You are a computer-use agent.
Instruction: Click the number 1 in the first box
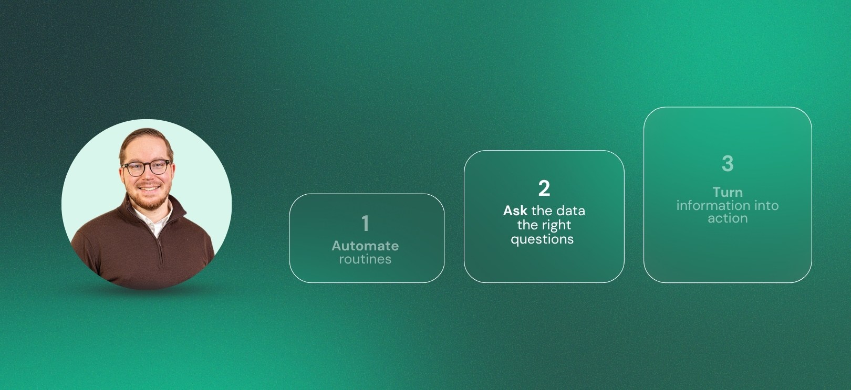click(x=366, y=223)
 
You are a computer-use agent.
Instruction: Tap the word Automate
click(x=365, y=246)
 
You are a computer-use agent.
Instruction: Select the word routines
click(x=365, y=259)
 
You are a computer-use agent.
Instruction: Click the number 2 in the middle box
click(x=544, y=188)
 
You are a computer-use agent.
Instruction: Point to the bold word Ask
click(x=515, y=211)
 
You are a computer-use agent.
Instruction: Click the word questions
click(x=542, y=240)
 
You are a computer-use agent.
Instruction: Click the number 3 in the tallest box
click(x=728, y=164)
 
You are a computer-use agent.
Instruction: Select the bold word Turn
click(x=728, y=192)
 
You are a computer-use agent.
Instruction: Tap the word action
click(x=728, y=218)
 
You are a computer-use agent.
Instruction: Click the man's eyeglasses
click(x=146, y=167)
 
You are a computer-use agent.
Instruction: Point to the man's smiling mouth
click(x=149, y=188)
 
